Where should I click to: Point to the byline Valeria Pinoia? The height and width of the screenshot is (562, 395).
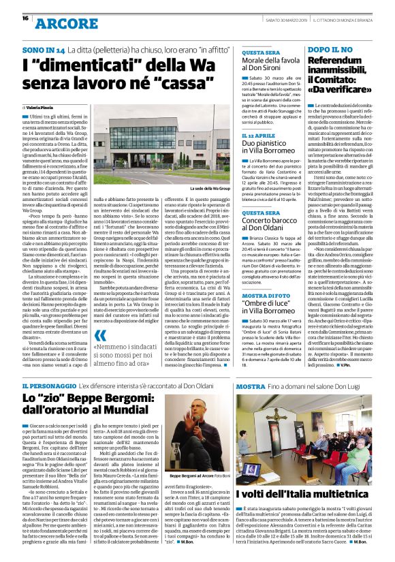[x=43, y=107]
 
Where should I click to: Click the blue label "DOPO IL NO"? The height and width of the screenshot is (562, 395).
[x=327, y=50]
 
